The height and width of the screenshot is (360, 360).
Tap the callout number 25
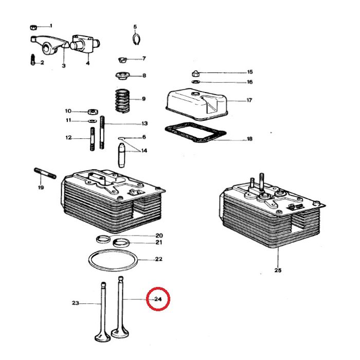pos(278,269)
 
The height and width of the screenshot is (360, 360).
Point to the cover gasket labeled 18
pos(195,135)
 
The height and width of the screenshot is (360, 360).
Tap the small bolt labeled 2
pos(32,60)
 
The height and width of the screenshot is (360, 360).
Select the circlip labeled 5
pos(135,39)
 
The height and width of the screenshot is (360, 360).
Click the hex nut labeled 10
pos(93,111)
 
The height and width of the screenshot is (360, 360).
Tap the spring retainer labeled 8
pos(122,77)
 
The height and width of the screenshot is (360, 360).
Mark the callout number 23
pos(75,303)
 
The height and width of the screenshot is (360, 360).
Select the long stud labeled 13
pos(103,132)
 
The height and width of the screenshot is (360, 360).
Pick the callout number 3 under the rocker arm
pos(64,66)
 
